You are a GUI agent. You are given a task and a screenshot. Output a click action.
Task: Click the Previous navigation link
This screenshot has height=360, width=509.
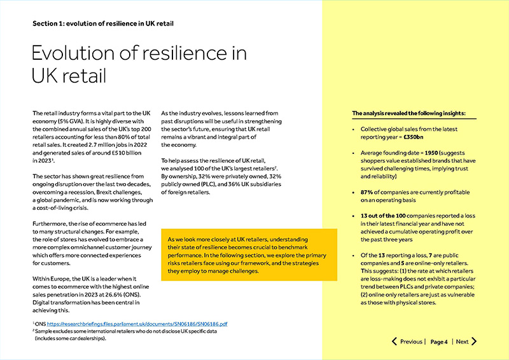click(411, 342)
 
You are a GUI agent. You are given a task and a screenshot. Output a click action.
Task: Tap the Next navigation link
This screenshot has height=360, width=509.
click(462, 342)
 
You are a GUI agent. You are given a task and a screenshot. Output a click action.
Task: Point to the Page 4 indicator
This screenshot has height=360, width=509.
click(439, 342)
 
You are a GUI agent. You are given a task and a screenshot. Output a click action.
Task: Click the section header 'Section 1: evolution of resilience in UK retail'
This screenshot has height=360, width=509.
click(104, 24)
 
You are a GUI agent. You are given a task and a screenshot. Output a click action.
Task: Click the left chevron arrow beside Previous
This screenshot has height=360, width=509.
click(394, 342)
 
